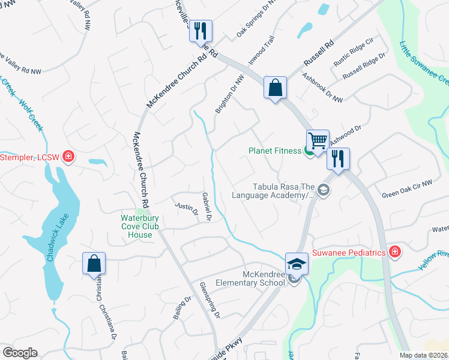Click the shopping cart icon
(318, 140)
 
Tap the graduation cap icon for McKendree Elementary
(297, 263)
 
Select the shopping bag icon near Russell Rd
(275, 88)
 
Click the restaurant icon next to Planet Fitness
(338, 160)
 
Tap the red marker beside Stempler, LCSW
(68, 157)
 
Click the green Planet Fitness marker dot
(309, 151)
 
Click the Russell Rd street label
(319, 53)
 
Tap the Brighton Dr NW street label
(230, 94)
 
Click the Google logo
(20, 353)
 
